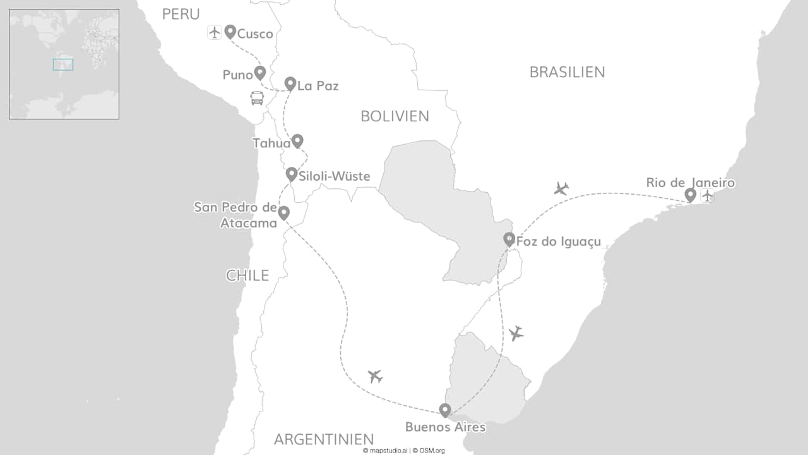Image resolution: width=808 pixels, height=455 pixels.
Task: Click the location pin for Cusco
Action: pos(230,32)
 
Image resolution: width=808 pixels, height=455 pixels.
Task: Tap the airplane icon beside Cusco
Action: pos(215,32)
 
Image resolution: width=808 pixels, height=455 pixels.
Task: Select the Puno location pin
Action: pos(259,72)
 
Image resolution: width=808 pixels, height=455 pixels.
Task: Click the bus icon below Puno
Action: pos(257,98)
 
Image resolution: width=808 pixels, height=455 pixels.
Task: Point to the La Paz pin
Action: pos(290,83)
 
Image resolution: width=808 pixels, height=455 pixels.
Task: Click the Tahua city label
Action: pos(271,143)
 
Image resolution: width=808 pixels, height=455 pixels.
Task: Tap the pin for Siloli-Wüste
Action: pos(291,174)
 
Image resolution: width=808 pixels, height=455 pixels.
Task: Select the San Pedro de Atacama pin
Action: pos(284,213)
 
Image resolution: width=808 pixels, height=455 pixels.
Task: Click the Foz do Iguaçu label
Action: pos(558,241)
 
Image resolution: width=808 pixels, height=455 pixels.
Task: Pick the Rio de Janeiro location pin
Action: pos(691,195)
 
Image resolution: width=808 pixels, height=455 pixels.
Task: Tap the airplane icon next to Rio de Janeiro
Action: pos(707,196)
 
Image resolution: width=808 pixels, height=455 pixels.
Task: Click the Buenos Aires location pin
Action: pos(445,410)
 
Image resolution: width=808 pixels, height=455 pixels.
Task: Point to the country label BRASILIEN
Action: pos(567,72)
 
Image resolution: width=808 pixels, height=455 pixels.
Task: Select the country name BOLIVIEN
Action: pos(395,116)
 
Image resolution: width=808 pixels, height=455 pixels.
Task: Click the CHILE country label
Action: pos(247,276)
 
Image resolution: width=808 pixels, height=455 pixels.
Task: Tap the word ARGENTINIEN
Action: pos(324,439)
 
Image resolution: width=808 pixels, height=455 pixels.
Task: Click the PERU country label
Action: pos(181,14)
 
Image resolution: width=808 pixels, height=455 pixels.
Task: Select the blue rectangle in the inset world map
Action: pos(63,64)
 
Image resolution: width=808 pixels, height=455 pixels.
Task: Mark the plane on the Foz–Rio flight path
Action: pos(561,188)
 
